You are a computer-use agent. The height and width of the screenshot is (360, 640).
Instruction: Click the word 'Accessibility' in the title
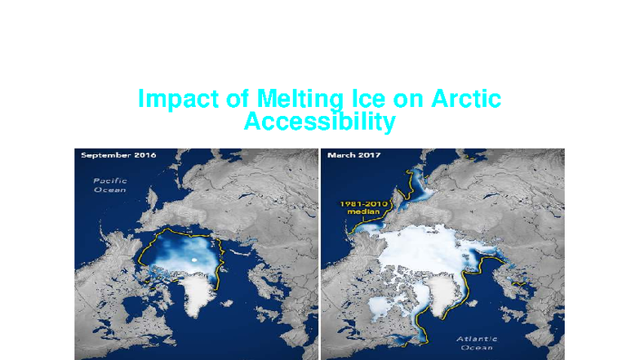click(320, 122)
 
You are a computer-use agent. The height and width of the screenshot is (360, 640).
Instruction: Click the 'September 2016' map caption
click(117, 155)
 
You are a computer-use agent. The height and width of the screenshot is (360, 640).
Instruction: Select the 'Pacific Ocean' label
click(109, 185)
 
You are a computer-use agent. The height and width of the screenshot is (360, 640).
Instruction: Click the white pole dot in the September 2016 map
click(193, 260)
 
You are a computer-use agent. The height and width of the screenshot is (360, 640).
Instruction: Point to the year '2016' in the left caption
click(144, 155)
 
